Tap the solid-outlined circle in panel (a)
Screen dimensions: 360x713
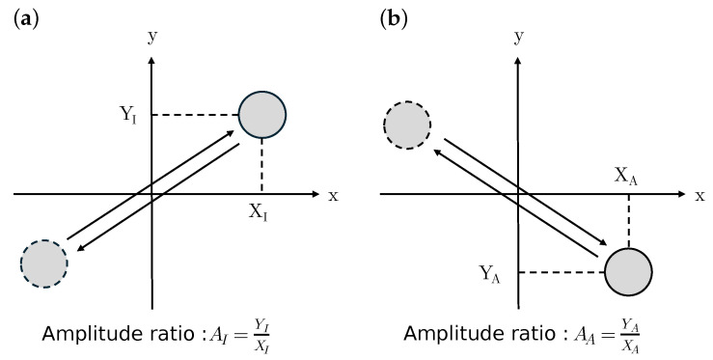[262, 115]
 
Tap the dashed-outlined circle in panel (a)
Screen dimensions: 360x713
[43, 262]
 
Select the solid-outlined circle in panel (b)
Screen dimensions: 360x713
[629, 272]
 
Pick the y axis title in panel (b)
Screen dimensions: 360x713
[518, 37]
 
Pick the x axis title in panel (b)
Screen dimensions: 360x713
[701, 195]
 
